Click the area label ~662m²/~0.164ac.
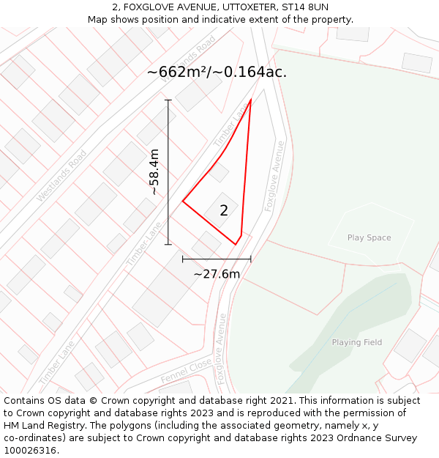pyautogui.click(x=217, y=72)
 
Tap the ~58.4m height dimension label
pyautogui.click(x=154, y=172)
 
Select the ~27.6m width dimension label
pyautogui.click(x=217, y=274)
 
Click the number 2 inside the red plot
pyautogui.click(x=224, y=210)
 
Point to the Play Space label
pyautogui.click(x=369, y=237)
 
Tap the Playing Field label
pyautogui.click(x=356, y=342)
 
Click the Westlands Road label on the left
pyautogui.click(x=61, y=176)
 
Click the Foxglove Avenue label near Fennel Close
pyautogui.click(x=220, y=350)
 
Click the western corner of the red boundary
pyautogui.click(x=183, y=202)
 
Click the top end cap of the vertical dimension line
pyautogui.click(x=168, y=100)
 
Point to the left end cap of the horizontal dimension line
pyautogui.click(x=183, y=259)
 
